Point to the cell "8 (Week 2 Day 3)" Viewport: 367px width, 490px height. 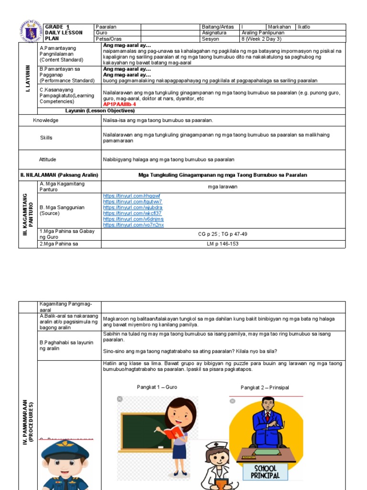261,39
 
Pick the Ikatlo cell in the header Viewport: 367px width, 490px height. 304,27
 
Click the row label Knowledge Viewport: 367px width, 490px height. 46,120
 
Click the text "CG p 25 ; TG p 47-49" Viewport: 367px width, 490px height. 223,234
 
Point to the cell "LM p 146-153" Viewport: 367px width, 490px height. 223,244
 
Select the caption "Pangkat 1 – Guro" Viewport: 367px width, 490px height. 157,387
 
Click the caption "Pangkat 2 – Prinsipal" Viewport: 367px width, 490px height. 265,388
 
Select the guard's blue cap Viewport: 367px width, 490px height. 64,449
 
